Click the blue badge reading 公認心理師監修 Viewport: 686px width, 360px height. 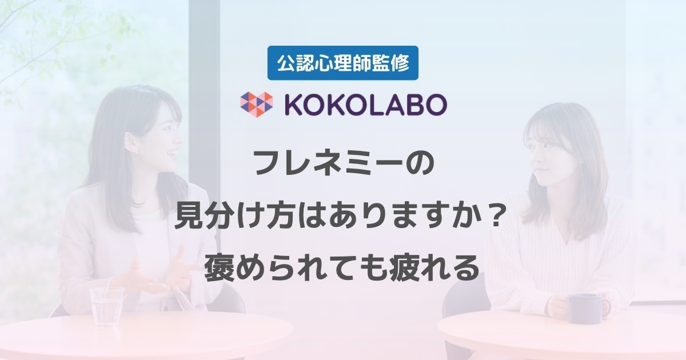342,63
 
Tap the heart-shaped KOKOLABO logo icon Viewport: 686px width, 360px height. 256,105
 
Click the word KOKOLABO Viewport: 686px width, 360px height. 366,105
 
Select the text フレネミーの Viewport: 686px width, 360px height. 344,164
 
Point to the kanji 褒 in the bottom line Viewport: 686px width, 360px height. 218,269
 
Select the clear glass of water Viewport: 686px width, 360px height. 107,306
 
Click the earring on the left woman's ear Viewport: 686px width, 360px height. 136,151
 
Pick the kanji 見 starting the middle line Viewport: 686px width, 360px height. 189,217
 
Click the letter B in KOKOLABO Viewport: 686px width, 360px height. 409,105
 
